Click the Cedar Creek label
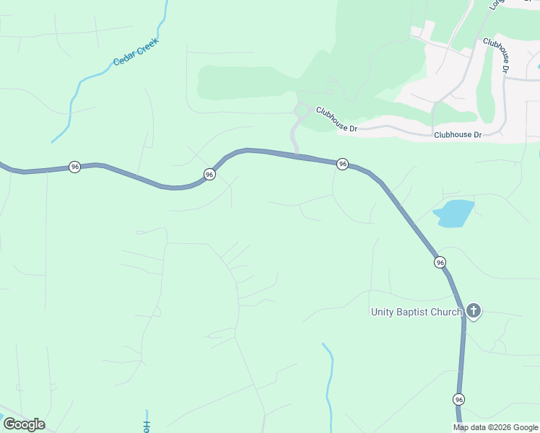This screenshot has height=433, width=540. click(x=135, y=52)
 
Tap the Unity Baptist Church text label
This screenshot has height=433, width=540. click(x=416, y=312)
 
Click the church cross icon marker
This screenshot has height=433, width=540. click(x=473, y=311)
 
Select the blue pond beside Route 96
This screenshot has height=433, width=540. click(x=453, y=214)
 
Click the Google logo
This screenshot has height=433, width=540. click(x=25, y=424)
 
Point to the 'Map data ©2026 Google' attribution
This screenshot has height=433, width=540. click(x=495, y=427)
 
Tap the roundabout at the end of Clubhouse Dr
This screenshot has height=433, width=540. click(x=302, y=110)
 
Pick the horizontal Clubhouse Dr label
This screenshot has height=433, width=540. click(x=458, y=135)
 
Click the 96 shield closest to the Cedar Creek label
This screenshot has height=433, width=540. click(x=74, y=167)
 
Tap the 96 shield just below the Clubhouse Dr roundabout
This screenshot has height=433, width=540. click(x=342, y=165)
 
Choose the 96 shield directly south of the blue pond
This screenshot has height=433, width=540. click(x=440, y=262)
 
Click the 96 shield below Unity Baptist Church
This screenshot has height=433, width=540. click(x=459, y=399)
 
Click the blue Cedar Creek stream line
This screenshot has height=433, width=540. click(x=72, y=101)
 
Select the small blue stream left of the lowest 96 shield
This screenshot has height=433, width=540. click(x=329, y=382)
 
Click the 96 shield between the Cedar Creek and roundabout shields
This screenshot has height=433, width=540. click(x=209, y=175)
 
